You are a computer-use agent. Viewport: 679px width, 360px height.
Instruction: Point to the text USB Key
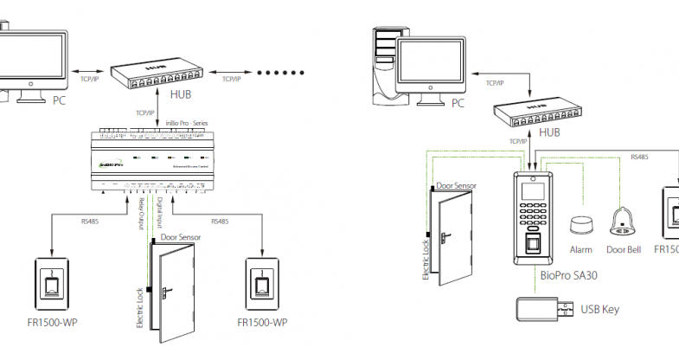599,309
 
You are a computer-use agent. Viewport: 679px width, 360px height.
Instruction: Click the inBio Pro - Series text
184,124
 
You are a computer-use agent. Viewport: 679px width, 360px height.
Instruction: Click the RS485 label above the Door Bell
639,157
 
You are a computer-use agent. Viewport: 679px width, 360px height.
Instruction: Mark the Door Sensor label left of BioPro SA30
457,186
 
